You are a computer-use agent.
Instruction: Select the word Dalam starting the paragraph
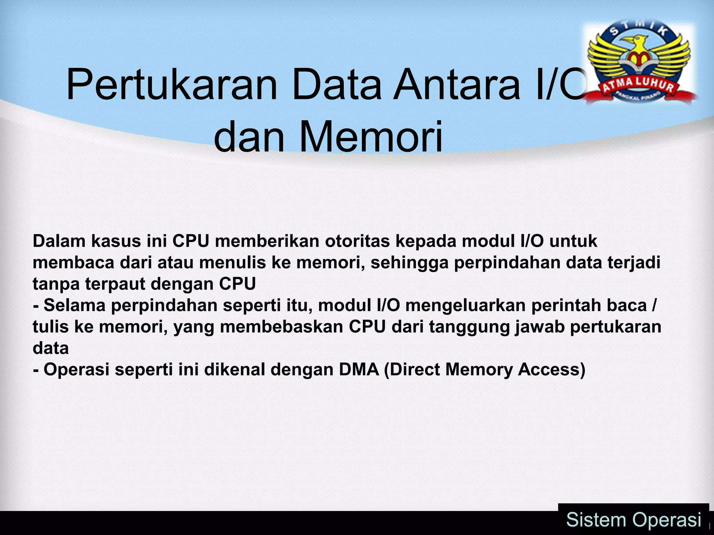point(59,241)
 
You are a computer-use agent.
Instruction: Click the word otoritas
point(357,241)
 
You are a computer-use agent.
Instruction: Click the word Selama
point(75,305)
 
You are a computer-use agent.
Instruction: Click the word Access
point(551,370)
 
